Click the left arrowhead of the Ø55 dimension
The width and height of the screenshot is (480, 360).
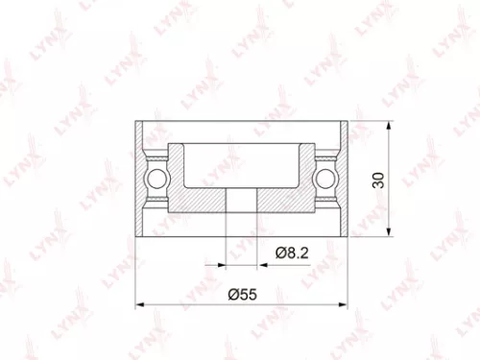pos(142,304)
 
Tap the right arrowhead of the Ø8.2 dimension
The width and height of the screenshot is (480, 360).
pos(261,260)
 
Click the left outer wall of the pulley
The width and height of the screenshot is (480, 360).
pos(140,178)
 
